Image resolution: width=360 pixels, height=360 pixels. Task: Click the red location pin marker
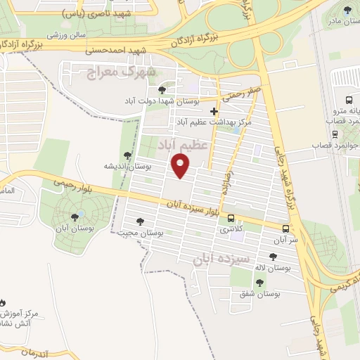click(x=181, y=166)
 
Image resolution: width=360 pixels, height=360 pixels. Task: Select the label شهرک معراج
click(x=119, y=72)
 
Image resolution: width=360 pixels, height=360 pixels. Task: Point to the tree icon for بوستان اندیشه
click(x=127, y=155)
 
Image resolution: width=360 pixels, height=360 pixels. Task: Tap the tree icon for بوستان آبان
click(x=75, y=216)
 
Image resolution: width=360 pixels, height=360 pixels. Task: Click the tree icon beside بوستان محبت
click(x=141, y=221)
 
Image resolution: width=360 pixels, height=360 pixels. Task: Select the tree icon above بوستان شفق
click(x=259, y=283)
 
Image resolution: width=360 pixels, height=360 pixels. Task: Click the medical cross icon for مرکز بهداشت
click(x=214, y=111)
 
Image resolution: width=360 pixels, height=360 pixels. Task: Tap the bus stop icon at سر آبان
click(x=285, y=229)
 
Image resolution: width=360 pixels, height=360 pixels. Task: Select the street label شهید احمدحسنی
click(x=115, y=50)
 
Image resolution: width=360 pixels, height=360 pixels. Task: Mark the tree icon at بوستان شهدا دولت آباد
click(x=163, y=90)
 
